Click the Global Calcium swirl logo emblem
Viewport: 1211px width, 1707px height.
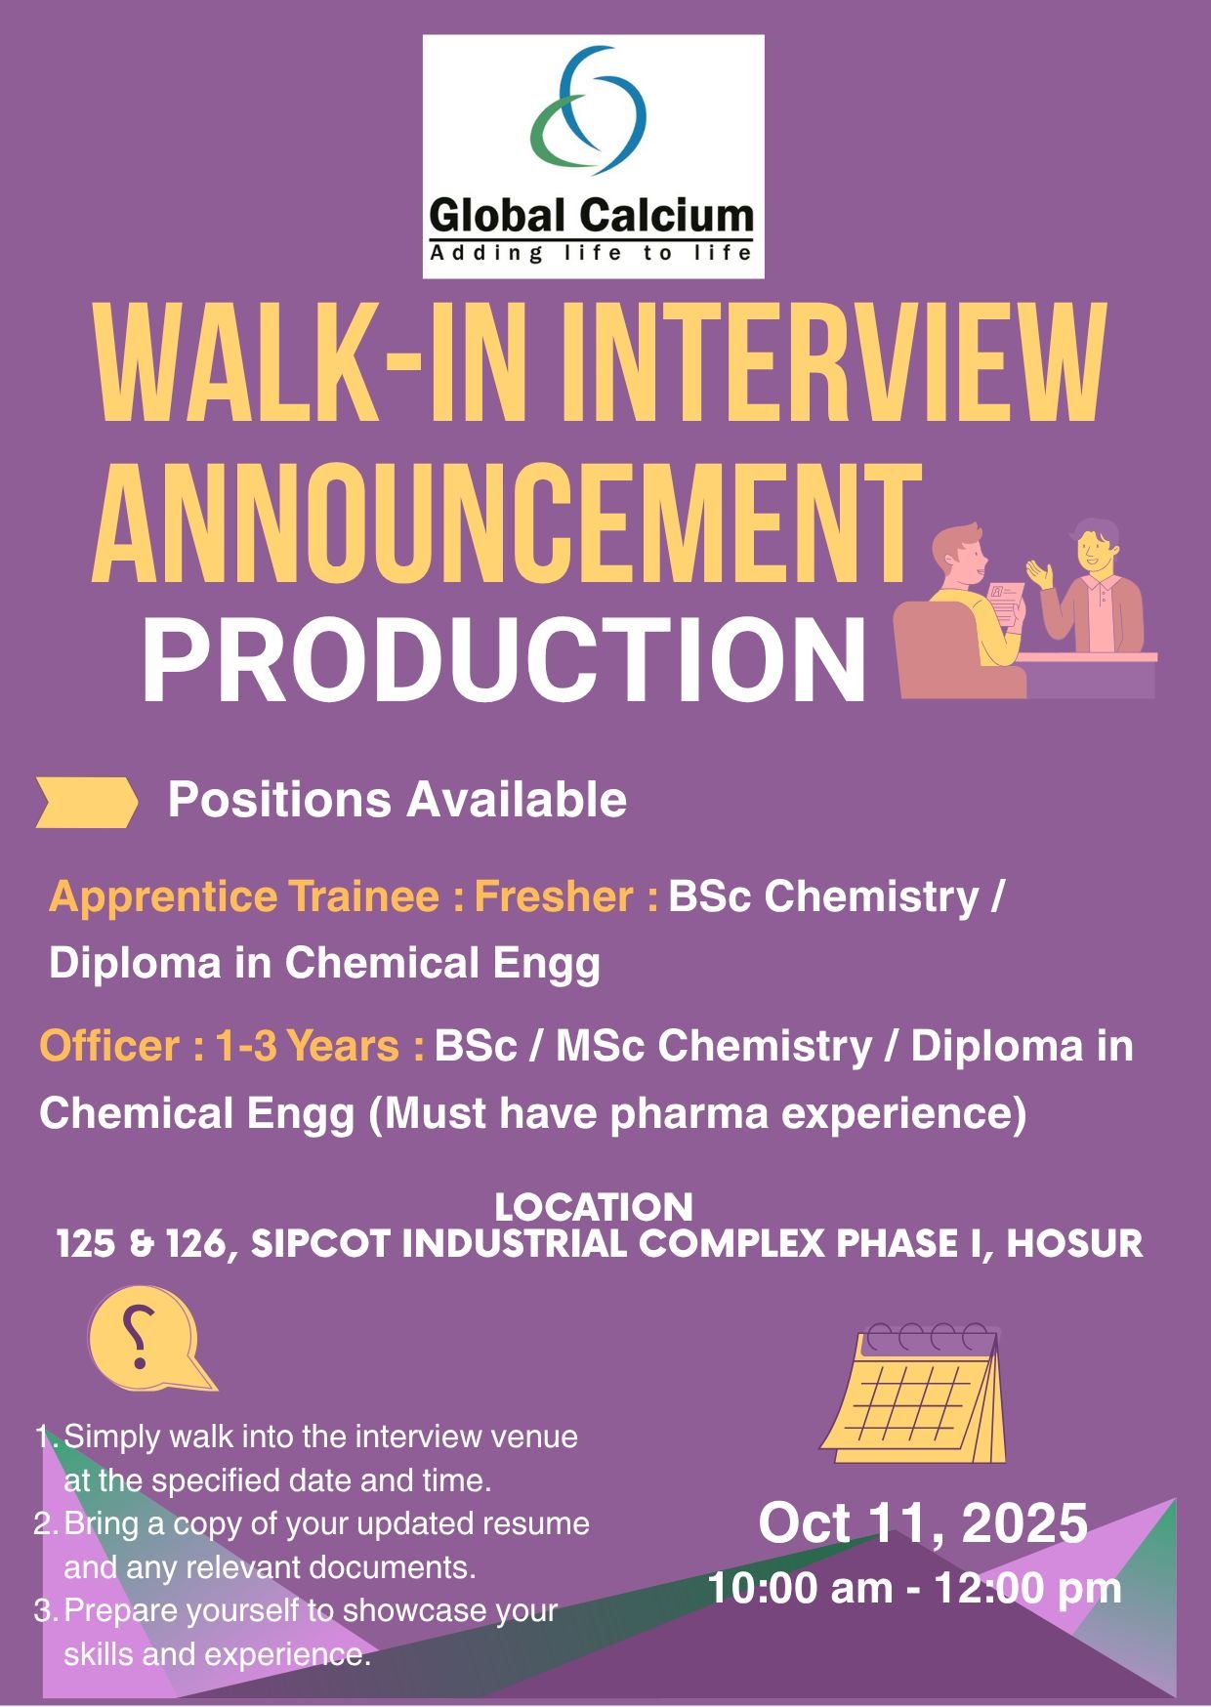589,109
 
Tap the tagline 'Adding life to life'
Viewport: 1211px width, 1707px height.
591,254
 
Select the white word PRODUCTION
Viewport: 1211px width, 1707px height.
504,661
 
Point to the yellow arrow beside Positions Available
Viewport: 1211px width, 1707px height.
86,802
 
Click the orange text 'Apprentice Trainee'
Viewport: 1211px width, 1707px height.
243,896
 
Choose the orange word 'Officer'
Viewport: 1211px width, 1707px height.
109,1047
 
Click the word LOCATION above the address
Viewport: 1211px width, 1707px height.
594,1208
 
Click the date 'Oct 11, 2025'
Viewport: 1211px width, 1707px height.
923,1523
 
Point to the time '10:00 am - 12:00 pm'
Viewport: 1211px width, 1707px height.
914,1588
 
